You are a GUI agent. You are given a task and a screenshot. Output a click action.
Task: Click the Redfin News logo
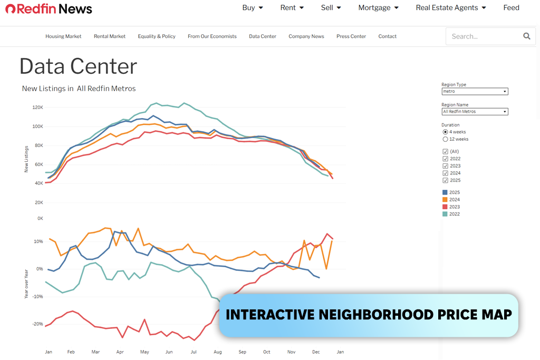pos(49,8)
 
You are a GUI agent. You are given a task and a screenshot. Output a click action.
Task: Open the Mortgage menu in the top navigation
pos(378,7)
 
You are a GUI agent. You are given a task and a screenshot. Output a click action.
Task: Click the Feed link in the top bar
pos(511,7)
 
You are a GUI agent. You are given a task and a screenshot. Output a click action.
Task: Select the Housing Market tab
pos(63,36)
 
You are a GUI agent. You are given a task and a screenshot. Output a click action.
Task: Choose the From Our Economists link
pos(212,36)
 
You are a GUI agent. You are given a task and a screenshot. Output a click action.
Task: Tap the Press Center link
pos(351,36)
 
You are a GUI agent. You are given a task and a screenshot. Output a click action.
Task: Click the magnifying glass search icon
pos(526,36)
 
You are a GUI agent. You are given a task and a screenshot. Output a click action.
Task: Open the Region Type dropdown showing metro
pos(475,91)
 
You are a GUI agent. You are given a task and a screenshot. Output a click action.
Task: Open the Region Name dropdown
pos(475,112)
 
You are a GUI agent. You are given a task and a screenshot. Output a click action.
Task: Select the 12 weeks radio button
pos(445,139)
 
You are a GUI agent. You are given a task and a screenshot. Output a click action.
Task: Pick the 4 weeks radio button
pos(445,132)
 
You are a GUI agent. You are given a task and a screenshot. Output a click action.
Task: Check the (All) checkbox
pos(445,151)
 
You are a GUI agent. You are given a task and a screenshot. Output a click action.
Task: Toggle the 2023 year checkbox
pos(445,166)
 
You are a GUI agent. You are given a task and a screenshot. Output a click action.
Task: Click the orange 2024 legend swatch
pos(445,200)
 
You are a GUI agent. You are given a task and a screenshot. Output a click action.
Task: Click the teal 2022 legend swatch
pos(445,214)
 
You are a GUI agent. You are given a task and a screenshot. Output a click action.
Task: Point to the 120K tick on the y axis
pos(37,108)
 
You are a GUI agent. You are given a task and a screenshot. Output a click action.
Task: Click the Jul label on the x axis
pos(194,352)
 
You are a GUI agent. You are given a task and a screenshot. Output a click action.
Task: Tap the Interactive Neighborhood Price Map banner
pos(369,315)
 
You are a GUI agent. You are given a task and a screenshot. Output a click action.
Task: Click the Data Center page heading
pos(78,66)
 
